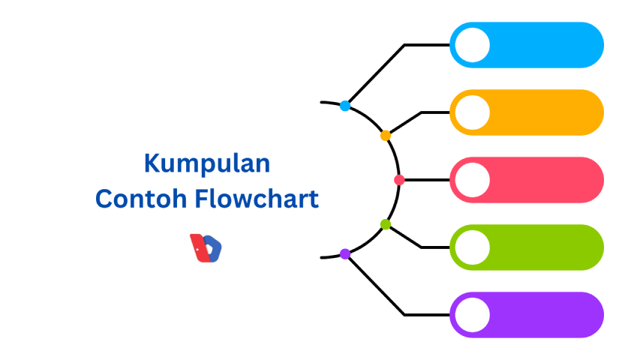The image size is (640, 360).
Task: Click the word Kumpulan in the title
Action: pos(206,163)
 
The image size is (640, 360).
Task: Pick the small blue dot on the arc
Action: pos(344,106)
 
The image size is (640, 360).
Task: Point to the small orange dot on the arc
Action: pos(386,136)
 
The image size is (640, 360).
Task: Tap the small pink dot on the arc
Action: pos(399,180)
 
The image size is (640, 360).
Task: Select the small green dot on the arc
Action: pos(386,224)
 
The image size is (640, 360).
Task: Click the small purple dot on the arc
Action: pos(345,254)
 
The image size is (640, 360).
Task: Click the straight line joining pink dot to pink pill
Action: pos(426,180)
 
